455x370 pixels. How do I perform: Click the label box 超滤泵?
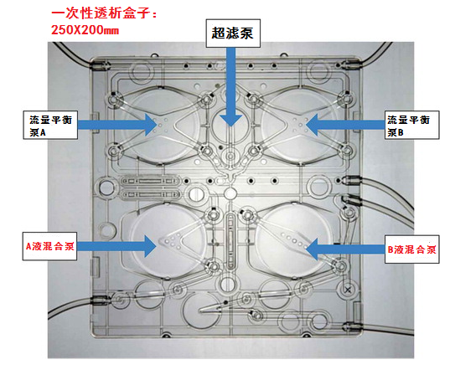click(233, 33)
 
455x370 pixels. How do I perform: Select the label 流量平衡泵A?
click(50, 125)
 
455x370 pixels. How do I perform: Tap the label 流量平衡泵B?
click(411, 125)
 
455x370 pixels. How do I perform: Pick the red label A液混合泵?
click(49, 246)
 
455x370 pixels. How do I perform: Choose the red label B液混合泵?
click(411, 249)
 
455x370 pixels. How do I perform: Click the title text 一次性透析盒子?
click(104, 13)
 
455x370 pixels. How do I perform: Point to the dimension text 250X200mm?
click(85, 30)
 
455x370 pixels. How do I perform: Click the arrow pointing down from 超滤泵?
click(230, 87)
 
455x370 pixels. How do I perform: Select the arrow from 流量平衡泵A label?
click(117, 125)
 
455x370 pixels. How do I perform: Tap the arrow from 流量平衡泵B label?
click(345, 125)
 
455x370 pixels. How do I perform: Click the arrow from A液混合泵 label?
click(116, 246)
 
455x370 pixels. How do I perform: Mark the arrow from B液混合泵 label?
click(345, 249)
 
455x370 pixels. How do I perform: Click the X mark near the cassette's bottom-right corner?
click(348, 290)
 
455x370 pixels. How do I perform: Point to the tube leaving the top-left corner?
click(73, 54)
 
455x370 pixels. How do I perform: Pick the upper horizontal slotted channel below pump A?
click(150, 181)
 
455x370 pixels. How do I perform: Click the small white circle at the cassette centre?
click(230, 193)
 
